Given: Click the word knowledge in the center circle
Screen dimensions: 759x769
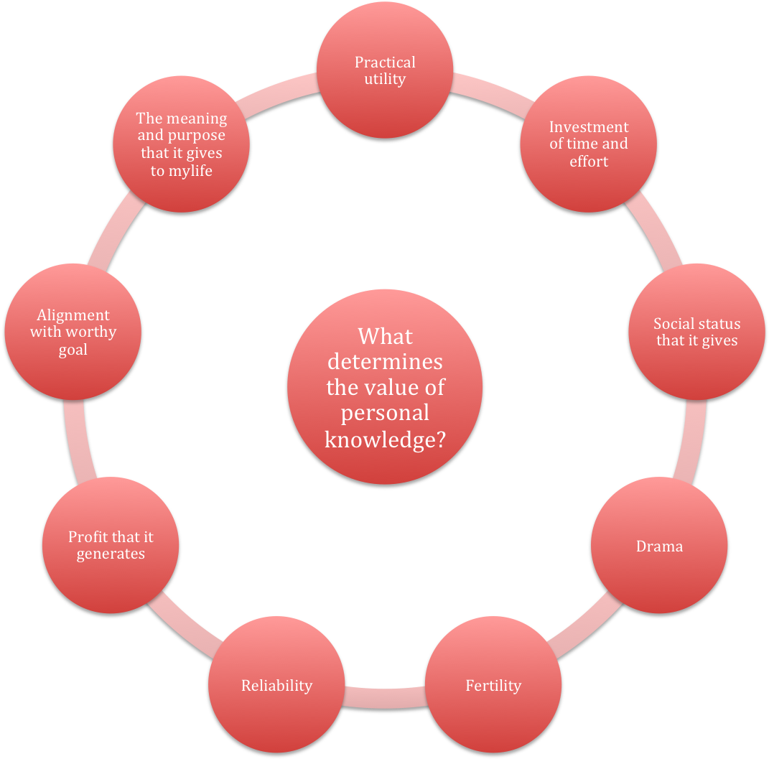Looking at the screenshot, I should click(385, 439).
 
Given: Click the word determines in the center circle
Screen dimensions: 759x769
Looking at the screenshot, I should click(385, 361).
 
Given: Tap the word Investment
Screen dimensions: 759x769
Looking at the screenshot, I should click(589, 127).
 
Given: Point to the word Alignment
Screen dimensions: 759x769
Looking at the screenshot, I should click(73, 315).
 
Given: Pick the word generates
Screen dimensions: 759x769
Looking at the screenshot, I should click(111, 554).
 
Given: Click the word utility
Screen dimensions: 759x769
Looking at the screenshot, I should click(385, 79).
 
